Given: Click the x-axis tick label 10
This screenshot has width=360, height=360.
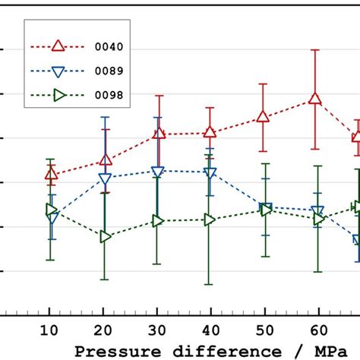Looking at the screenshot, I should click(50, 331).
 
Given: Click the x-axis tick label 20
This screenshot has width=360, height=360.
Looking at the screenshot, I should click(104, 331).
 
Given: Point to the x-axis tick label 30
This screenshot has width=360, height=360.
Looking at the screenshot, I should click(157, 331).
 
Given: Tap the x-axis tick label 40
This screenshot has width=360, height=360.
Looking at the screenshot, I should click(210, 331).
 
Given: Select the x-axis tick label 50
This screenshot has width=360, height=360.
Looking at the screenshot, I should click(264, 331).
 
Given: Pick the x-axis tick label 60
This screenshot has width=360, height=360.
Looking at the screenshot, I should click(317, 331).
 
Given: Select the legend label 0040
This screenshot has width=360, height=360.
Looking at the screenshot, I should click(112, 47).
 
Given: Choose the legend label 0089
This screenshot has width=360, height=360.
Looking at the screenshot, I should click(112, 71).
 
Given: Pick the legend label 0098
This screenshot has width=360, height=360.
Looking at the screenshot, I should click(112, 96).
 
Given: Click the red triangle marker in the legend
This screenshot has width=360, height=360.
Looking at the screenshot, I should click(57, 47).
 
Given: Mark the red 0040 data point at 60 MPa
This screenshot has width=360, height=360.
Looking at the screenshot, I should click(316, 99).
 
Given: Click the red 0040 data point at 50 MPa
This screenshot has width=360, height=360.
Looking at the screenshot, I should click(263, 116).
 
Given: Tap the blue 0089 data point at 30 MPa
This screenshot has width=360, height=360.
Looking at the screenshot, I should click(157, 172).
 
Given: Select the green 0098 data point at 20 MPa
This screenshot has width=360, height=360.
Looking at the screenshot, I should click(105, 237).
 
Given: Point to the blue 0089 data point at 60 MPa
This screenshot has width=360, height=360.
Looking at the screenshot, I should click(318, 211).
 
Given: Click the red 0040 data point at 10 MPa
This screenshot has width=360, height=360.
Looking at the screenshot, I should click(51, 174).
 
